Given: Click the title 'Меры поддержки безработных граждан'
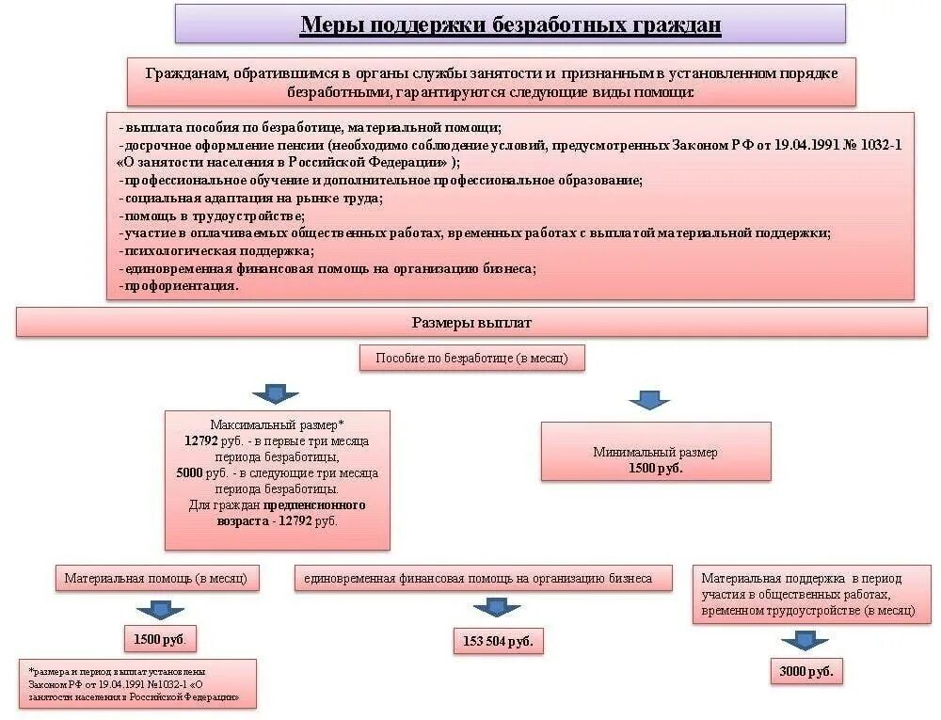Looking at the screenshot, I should pyautogui.click(x=510, y=24).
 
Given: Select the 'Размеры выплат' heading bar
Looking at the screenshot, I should pyautogui.click(x=471, y=323).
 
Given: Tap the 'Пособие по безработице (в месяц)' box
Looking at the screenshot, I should pyautogui.click(x=471, y=358).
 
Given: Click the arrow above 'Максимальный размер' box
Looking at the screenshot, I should pyautogui.click(x=275, y=393).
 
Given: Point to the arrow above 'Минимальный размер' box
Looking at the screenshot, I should pyautogui.click(x=649, y=399).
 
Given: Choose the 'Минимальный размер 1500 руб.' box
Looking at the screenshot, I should pyautogui.click(x=656, y=459).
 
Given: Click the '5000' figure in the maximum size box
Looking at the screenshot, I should pyautogui.click(x=189, y=473).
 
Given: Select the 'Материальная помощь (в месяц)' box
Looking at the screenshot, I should pyautogui.click(x=155, y=578).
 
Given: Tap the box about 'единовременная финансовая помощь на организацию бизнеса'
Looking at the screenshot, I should pyautogui.click(x=485, y=578).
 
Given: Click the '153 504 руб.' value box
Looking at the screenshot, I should pyautogui.click(x=498, y=641).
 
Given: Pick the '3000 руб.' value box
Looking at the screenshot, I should pyautogui.click(x=805, y=671).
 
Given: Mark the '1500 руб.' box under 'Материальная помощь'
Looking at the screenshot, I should pyautogui.click(x=160, y=639).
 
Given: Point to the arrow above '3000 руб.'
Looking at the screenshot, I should pyautogui.click(x=805, y=640).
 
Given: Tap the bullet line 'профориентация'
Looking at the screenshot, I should pyautogui.click(x=179, y=285).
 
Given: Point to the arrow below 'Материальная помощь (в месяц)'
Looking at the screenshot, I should pyautogui.click(x=160, y=608).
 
